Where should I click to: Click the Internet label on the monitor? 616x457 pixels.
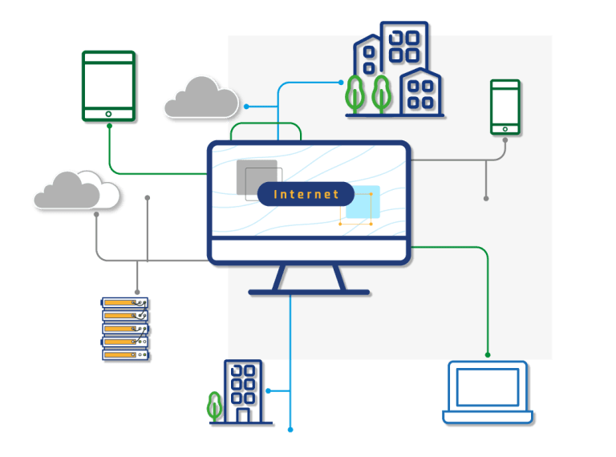point(306,194)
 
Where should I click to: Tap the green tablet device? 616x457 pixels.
point(108,86)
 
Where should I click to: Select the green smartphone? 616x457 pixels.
point(505,107)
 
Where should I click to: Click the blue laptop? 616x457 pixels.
point(488,392)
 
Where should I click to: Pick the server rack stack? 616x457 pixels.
point(126,329)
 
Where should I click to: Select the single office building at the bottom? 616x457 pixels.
point(244,391)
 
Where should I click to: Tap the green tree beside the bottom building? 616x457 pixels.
point(214,406)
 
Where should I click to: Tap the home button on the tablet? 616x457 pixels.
point(109,115)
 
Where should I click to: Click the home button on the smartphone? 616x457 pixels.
point(505,128)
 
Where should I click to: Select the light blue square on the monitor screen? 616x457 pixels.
point(361,203)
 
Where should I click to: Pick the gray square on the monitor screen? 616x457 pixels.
point(256,177)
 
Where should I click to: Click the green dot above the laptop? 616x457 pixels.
point(488,354)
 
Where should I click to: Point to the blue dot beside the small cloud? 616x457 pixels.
point(246,106)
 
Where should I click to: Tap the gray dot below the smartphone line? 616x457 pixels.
point(486,197)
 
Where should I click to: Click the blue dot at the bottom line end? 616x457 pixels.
point(290,431)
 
